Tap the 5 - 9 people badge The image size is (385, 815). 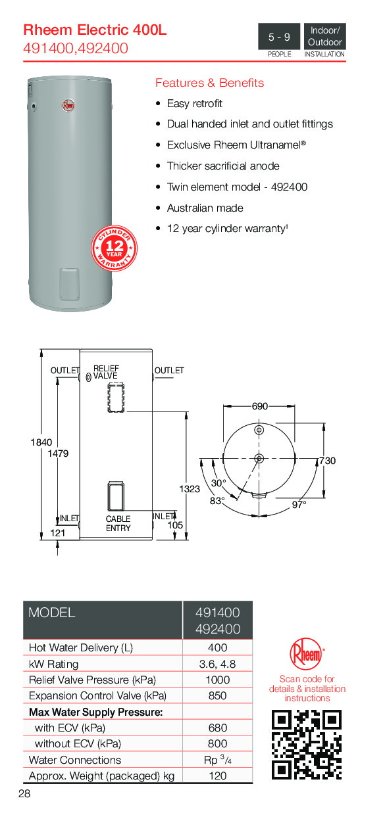click(x=279, y=37)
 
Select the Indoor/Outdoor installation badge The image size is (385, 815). click(x=324, y=37)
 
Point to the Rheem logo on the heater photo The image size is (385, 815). click(x=68, y=103)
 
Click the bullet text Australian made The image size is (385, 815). click(x=205, y=208)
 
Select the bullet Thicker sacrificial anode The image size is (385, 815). click(x=223, y=166)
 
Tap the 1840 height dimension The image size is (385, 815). click(x=41, y=442)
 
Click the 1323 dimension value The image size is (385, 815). click(x=189, y=489)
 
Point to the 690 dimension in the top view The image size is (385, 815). click(x=260, y=406)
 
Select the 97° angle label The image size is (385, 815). click(x=299, y=505)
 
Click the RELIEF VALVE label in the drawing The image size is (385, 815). click(x=105, y=372)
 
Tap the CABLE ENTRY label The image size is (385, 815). click(x=118, y=523)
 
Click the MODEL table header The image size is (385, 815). click(x=52, y=613)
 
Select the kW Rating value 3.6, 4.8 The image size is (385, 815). click(x=217, y=664)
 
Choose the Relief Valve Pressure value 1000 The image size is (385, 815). click(x=217, y=680)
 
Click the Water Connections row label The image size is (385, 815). click(x=75, y=760)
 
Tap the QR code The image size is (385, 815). click(x=307, y=745)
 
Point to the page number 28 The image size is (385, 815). click(x=24, y=794)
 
